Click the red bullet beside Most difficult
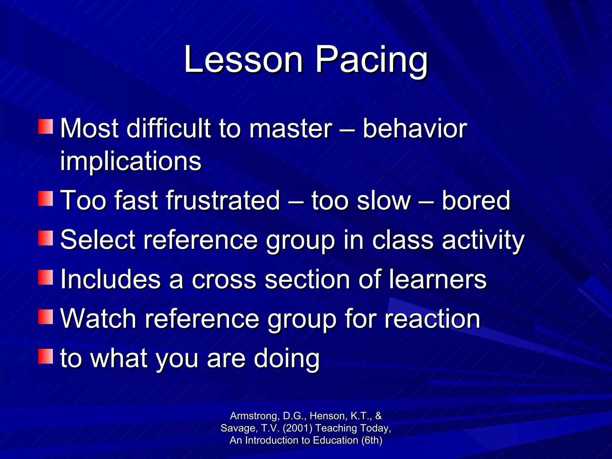(x=45, y=126)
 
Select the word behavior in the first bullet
(x=415, y=128)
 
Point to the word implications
(x=131, y=161)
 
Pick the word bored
(x=476, y=200)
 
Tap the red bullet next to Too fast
(x=45, y=199)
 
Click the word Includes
(x=111, y=279)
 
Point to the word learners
(x=437, y=279)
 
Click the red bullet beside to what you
(x=45, y=356)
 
